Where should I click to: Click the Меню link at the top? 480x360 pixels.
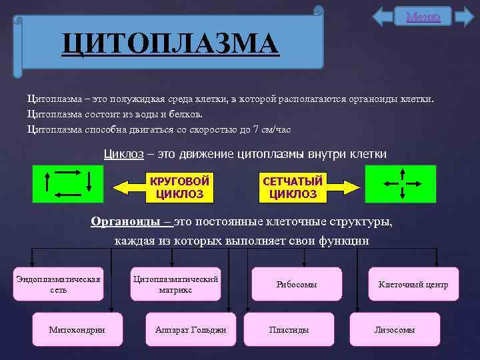[423, 17]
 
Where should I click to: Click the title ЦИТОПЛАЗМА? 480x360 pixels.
[170, 45]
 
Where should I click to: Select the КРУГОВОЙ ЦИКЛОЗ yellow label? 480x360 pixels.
[179, 188]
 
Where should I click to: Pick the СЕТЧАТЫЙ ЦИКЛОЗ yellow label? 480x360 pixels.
[293, 188]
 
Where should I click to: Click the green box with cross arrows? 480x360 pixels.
[402, 183]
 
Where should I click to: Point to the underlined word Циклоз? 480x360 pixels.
[124, 154]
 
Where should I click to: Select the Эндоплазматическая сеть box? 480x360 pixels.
[58, 284]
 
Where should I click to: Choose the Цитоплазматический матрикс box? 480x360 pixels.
[175, 284]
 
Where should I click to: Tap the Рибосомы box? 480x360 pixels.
[297, 285]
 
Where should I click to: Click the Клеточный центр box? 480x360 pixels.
[413, 285]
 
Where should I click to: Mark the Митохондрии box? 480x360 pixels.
[77, 329]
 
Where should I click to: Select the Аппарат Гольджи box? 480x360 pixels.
[191, 329]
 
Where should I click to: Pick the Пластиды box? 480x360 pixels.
[289, 329]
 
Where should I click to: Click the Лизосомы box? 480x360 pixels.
[395, 329]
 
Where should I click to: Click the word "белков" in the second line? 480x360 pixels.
[166, 114]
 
